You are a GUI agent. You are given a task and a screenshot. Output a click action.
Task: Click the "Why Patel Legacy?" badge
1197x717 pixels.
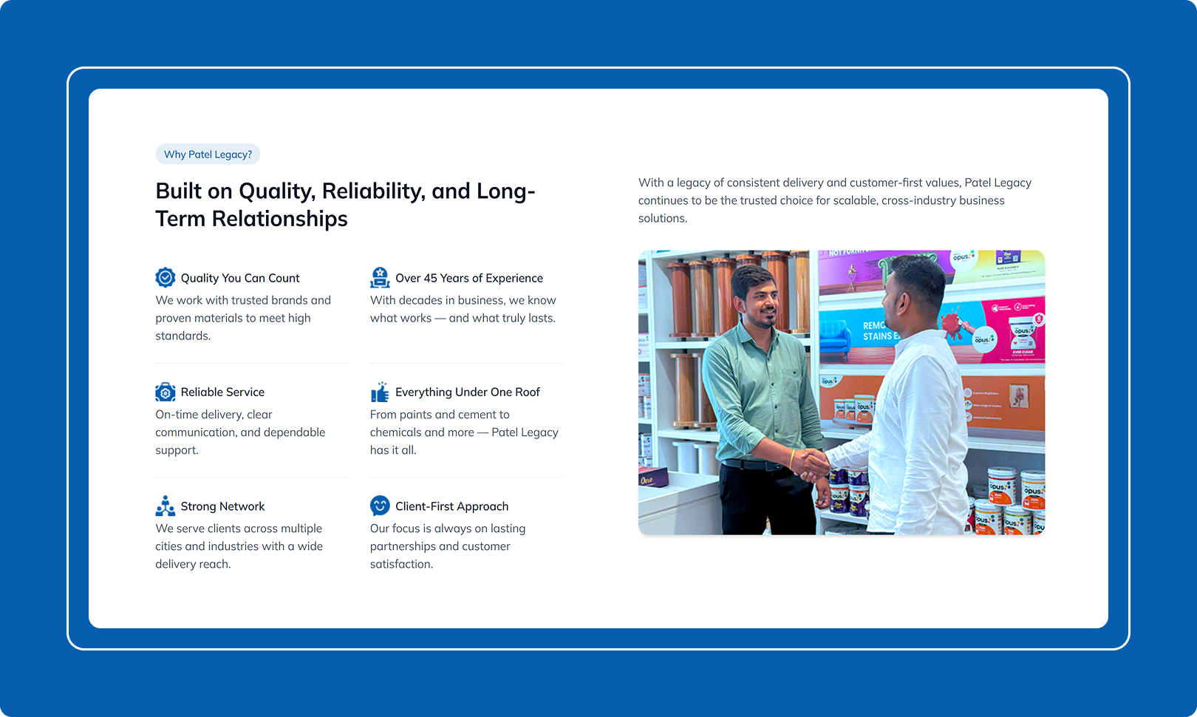[208, 154]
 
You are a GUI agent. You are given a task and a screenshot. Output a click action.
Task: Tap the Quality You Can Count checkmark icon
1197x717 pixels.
[165, 277]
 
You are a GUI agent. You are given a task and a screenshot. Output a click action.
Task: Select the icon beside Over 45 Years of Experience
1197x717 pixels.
[380, 277]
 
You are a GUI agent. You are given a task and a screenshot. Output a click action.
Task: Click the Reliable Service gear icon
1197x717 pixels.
[165, 392]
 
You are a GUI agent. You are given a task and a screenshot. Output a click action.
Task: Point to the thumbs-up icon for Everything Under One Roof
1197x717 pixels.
[380, 392]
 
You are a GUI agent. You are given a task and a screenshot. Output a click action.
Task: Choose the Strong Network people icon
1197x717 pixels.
[165, 506]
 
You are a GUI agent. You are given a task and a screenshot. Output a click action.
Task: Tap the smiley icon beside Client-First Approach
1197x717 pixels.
[380, 506]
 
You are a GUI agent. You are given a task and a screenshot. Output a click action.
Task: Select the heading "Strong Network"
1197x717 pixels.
[222, 506]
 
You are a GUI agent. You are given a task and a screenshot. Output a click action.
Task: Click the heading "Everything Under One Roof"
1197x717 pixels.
[468, 392]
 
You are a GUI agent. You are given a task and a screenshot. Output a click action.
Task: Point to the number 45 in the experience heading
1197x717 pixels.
[430, 278]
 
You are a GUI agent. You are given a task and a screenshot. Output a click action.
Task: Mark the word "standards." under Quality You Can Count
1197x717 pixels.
[183, 336]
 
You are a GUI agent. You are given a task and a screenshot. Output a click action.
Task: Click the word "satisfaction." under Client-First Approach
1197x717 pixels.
[401, 564]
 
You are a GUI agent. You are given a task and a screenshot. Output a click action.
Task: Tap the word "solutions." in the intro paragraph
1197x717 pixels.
[663, 218]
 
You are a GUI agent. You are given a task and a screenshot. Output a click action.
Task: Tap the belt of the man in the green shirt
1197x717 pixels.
[754, 465]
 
